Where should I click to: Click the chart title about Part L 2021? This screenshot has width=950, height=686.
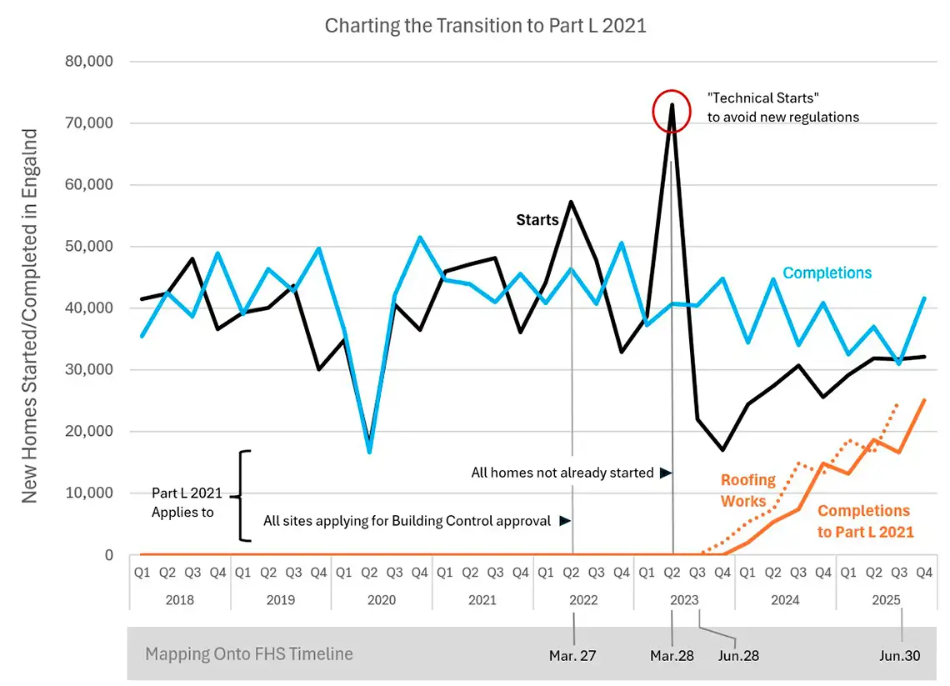(485, 26)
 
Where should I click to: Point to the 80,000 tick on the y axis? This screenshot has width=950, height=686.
(89, 61)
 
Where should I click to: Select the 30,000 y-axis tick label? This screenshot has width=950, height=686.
(89, 369)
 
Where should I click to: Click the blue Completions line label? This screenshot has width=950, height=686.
(827, 273)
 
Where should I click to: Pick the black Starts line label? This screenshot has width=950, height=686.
(537, 219)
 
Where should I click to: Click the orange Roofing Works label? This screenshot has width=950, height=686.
(747, 490)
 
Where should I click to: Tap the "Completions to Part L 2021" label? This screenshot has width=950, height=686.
(865, 521)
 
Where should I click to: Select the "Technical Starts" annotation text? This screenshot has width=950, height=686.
(782, 108)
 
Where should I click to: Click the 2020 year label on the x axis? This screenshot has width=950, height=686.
(382, 600)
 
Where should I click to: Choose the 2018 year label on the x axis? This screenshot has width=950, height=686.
(180, 600)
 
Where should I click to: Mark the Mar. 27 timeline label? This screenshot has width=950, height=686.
(572, 656)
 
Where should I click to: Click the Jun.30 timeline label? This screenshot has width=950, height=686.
(900, 656)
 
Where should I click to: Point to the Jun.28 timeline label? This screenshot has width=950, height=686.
(738, 656)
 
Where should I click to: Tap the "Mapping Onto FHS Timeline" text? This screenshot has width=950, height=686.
(249, 653)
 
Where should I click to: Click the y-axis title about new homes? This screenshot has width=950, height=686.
(30, 316)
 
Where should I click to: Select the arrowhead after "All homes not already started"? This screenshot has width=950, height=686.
(666, 473)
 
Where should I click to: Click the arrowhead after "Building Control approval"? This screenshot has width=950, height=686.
(565, 521)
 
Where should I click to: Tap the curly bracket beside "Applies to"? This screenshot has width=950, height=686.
(241, 496)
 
